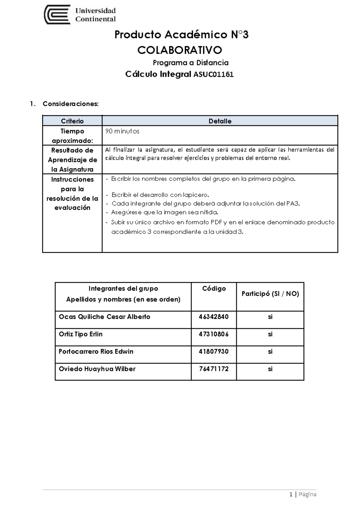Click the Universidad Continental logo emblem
coord(57,15)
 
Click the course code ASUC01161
coord(213,75)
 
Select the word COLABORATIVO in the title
coord(180,50)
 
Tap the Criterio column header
coord(72,121)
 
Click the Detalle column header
coord(220,121)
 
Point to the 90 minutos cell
coord(122,131)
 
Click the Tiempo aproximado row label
coord(72,136)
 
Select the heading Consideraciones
coord(70,104)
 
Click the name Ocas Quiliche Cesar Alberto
coord(104,317)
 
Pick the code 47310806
coord(214,334)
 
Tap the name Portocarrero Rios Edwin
coord(96,352)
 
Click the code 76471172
coord(214,369)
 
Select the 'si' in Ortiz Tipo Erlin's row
coord(270,334)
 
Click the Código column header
coord(214,288)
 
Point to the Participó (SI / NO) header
coord(270,294)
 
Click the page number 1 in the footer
coord(291,494)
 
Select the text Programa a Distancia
coord(191,63)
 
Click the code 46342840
coord(214,317)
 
